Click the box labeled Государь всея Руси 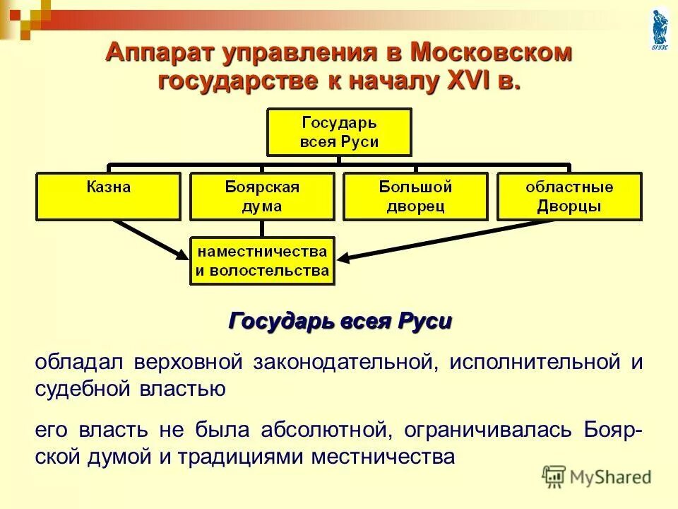tap(338, 131)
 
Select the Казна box tap(109, 197)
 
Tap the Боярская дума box tap(262, 197)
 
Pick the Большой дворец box tap(415, 197)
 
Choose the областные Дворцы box tap(569, 197)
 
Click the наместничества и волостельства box tap(262, 260)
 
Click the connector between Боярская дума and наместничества tap(262, 228)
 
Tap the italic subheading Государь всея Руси tap(340, 321)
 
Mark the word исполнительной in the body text tap(535, 362)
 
